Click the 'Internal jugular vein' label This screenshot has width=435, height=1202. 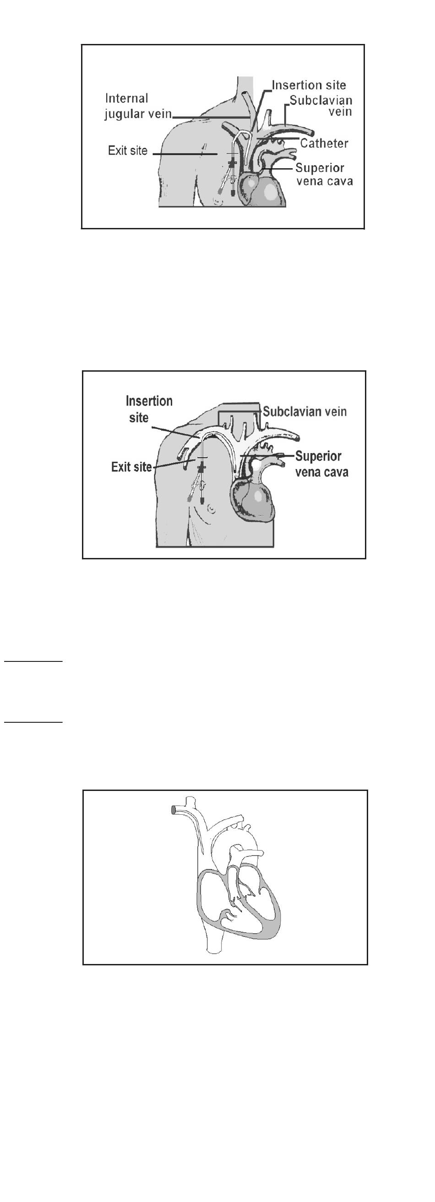138,106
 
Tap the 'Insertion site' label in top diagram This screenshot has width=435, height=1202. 309,85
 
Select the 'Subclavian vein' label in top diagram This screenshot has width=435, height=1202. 321,106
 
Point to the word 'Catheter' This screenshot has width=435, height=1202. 324,143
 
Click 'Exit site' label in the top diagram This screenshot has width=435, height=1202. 127,150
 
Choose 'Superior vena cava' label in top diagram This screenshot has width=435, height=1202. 324,174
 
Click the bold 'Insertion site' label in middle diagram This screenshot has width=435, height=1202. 149,409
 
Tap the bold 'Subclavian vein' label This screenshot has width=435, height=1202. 305,411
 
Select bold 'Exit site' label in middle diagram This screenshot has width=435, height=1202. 131,466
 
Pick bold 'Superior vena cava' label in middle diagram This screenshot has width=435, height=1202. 322,464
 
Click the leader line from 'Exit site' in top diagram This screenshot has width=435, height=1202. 185,154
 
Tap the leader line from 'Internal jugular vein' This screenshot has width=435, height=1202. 211,117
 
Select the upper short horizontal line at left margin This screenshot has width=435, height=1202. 33,661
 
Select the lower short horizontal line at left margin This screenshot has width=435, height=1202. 33,722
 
